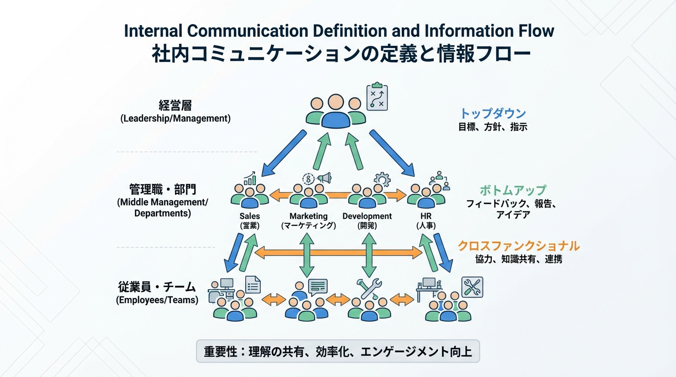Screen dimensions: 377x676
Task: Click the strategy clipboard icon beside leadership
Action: pos(377,97)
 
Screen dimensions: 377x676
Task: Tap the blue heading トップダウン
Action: pos(493,113)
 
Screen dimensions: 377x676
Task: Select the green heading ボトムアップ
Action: pos(513,190)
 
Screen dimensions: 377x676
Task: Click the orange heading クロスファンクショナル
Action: pos(518,245)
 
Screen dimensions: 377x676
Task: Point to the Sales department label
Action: pos(250,216)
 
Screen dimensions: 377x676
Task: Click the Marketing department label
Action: pos(308,216)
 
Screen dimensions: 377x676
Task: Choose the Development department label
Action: pos(367,216)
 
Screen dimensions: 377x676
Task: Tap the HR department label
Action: pos(426,216)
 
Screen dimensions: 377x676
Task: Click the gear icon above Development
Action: pos(382,179)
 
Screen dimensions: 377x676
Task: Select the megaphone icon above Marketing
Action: pos(324,178)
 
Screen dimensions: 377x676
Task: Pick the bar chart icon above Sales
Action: pos(250,178)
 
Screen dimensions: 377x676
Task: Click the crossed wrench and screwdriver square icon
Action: pos(472,287)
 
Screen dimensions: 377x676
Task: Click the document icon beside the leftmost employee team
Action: pos(253,284)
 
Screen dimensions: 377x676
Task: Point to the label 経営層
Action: pos(175,106)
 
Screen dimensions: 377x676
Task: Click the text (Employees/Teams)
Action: pos(157,300)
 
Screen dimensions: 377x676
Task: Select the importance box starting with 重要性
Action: pos(338,351)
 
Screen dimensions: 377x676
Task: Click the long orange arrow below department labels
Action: pos(338,253)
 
